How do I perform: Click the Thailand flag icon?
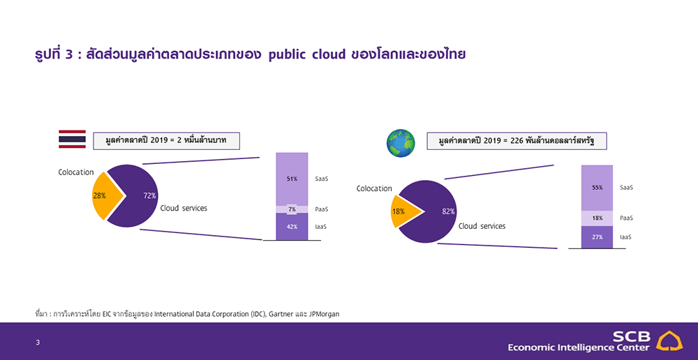(72, 140)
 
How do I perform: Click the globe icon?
(401, 143)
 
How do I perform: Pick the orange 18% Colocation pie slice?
(403, 211)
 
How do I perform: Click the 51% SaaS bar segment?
(292, 179)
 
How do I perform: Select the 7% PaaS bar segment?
(292, 209)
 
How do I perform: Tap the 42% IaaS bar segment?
(292, 227)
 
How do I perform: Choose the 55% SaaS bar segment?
(597, 188)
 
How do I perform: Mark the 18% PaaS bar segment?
(597, 218)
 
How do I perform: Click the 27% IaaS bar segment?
(597, 237)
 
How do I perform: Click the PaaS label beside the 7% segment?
(321, 209)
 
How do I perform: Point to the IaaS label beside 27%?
(626, 237)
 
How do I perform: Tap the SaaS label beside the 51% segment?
(321, 179)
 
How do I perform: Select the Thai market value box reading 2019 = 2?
(166, 141)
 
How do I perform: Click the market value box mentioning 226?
(517, 141)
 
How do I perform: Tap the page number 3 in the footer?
(38, 342)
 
